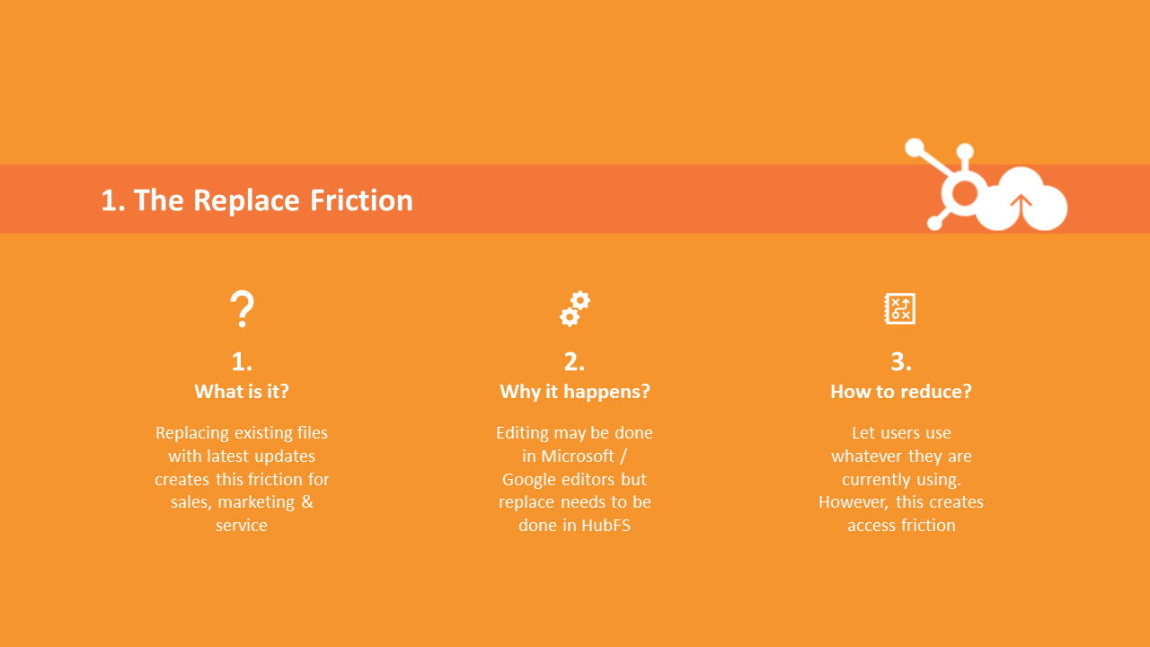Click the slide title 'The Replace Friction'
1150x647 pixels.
[257, 199]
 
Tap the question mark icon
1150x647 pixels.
[242, 309]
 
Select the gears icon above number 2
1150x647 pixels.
[575, 308]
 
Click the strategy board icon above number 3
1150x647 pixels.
[899, 308]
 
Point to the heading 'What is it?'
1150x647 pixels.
[242, 391]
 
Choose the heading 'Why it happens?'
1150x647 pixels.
[575, 391]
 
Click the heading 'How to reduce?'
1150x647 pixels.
[901, 391]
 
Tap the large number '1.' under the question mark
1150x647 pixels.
[242, 361]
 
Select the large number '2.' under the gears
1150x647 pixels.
[575, 361]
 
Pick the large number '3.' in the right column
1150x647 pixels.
[901, 361]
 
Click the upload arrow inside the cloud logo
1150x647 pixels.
[1021, 205]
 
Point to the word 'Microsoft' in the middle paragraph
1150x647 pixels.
[578, 456]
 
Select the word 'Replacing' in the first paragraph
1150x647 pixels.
[190, 432]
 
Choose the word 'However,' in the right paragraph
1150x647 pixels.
[854, 501]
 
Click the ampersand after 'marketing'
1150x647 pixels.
[307, 501]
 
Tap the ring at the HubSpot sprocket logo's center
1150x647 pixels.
[965, 192]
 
